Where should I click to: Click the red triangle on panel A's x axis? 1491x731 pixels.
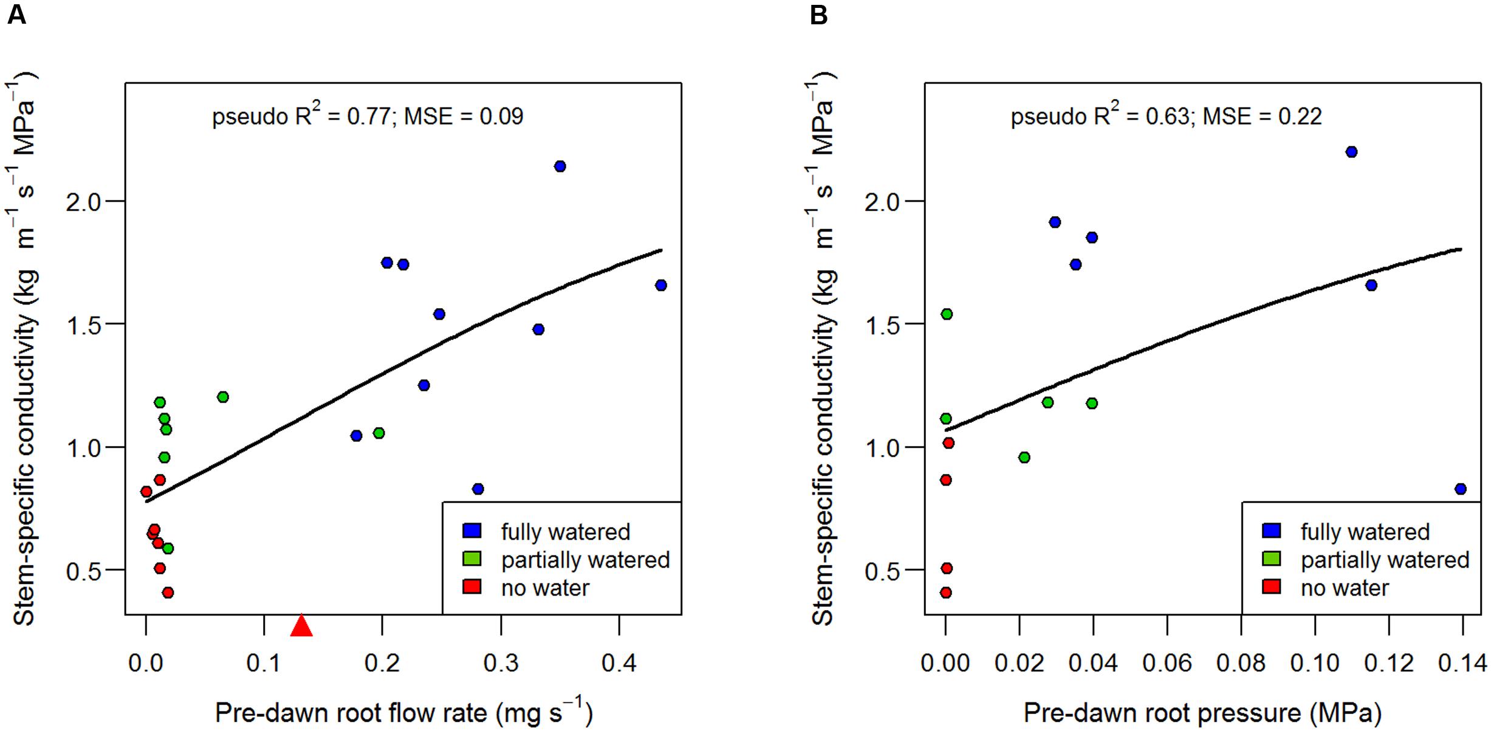pos(301,626)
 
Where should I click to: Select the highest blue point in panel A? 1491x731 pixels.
pos(560,166)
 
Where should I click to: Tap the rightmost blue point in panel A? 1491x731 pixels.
pos(661,285)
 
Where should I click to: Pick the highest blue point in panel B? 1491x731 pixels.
pos(1351,152)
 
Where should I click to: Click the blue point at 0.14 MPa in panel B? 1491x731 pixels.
pos(1461,489)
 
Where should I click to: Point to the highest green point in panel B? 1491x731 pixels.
pos(947,314)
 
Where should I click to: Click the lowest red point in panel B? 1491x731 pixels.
pos(946,592)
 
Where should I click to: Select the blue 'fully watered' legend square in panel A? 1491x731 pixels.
pos(472,531)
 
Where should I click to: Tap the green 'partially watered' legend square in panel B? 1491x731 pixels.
pos(1272,559)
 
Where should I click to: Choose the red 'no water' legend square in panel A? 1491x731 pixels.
pos(472,587)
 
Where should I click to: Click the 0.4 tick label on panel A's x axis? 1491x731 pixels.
pos(619,664)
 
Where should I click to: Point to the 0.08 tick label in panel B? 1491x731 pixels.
pos(1241,664)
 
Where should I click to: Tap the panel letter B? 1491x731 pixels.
pos(818,15)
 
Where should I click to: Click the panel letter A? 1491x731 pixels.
pos(17,15)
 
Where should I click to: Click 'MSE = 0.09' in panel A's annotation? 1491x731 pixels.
pos(463,116)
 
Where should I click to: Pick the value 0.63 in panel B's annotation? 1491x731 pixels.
pos(1167,116)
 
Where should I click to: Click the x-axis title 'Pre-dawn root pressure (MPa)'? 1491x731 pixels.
pos(1202,713)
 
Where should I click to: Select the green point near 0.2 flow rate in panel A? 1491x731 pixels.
pos(379,433)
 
